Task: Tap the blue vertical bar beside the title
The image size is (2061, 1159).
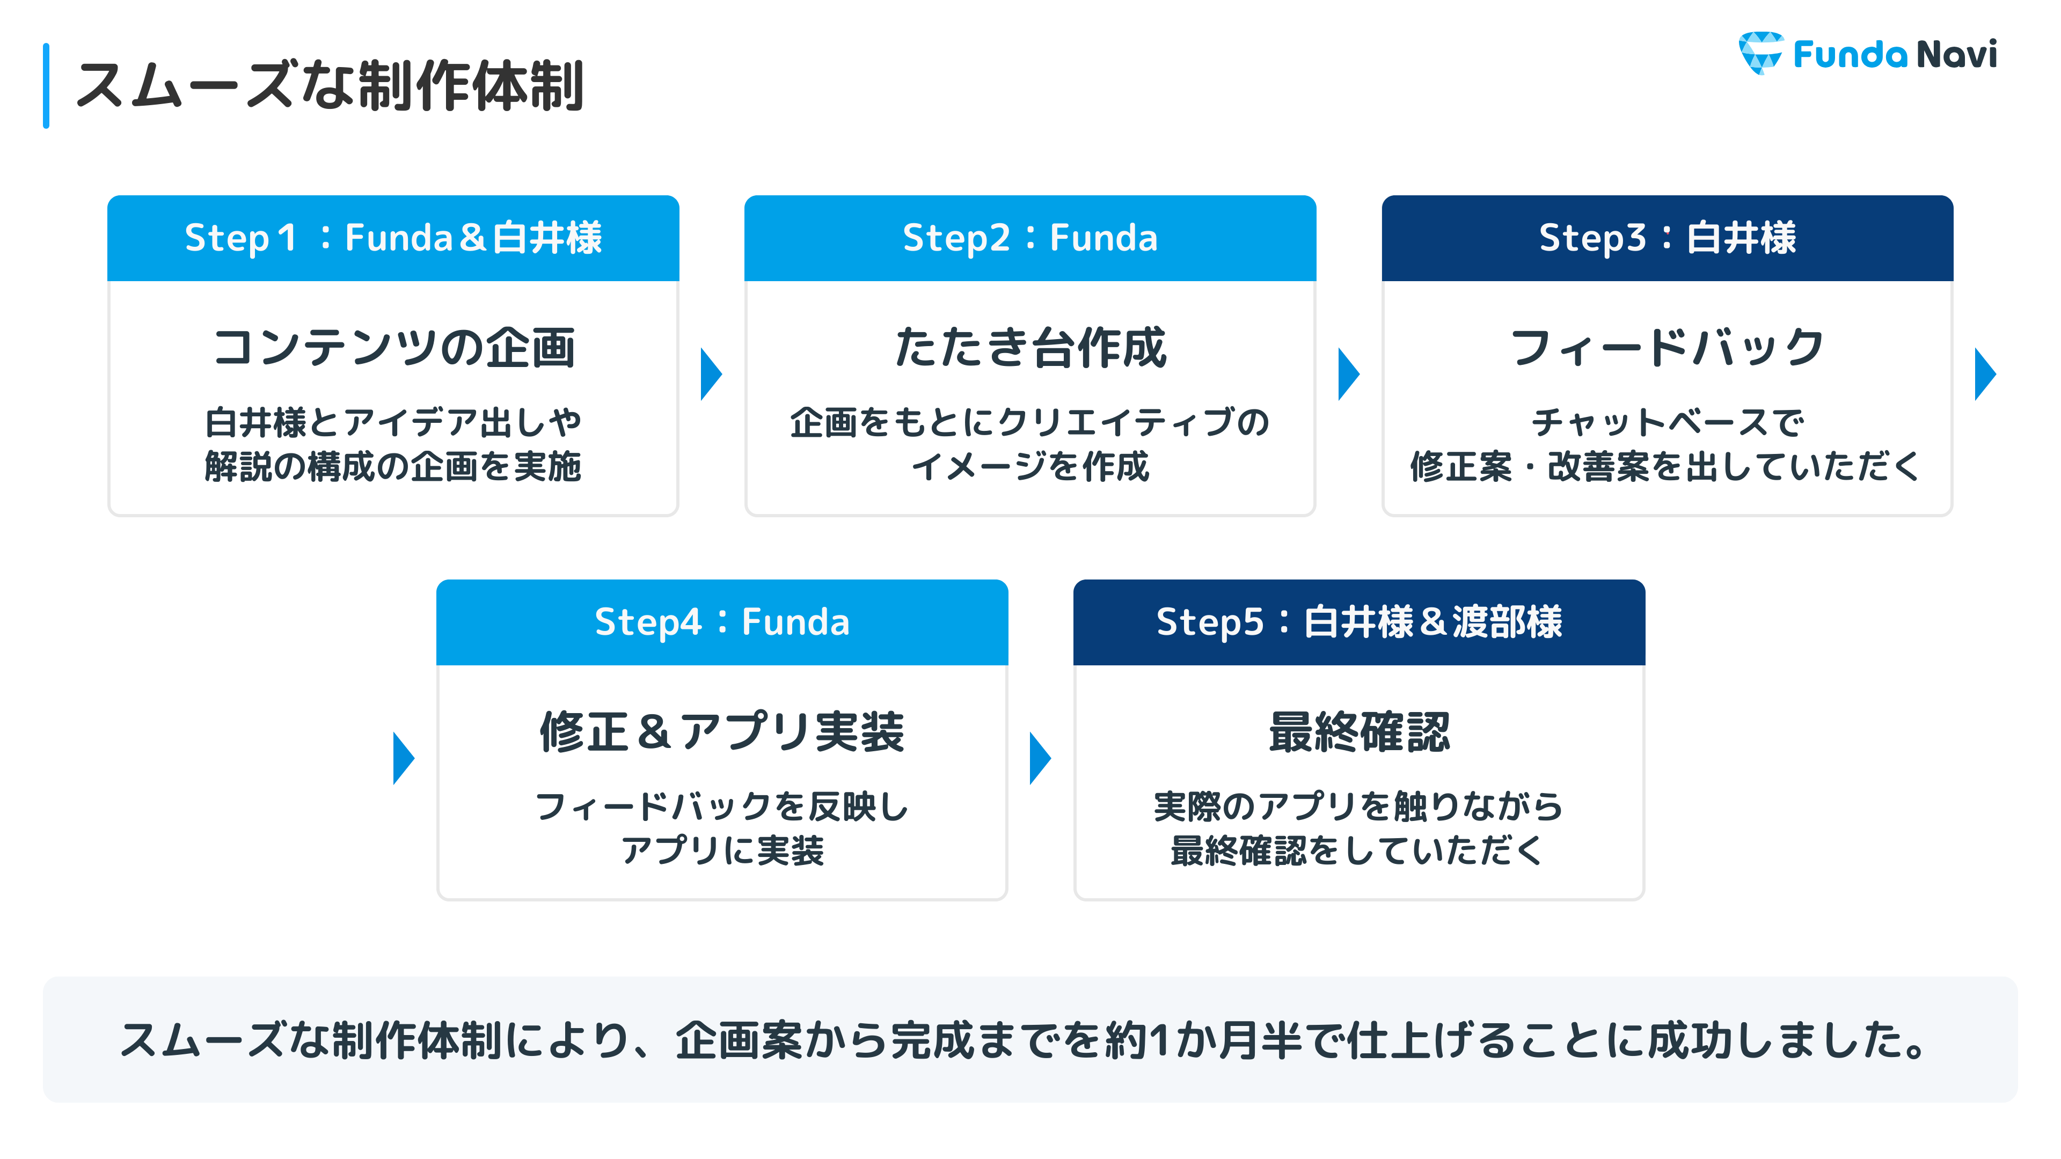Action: tap(46, 86)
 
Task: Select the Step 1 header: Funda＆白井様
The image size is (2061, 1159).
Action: tap(393, 238)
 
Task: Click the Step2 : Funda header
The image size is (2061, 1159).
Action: tap(1030, 238)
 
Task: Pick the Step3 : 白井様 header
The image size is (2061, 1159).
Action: tap(1668, 238)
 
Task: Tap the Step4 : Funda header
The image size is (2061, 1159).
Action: tap(722, 622)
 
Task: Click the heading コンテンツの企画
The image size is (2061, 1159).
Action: tap(393, 348)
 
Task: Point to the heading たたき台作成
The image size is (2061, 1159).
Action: tap(1030, 348)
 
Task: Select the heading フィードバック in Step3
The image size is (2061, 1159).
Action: tap(1668, 348)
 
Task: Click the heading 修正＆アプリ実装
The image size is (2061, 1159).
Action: tap(722, 732)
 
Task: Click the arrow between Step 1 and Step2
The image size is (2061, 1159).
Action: tap(711, 373)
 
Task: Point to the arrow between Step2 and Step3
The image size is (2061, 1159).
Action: tap(1348, 373)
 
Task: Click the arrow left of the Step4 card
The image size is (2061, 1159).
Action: tap(403, 758)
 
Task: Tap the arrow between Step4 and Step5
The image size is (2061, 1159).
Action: tap(1040, 758)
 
